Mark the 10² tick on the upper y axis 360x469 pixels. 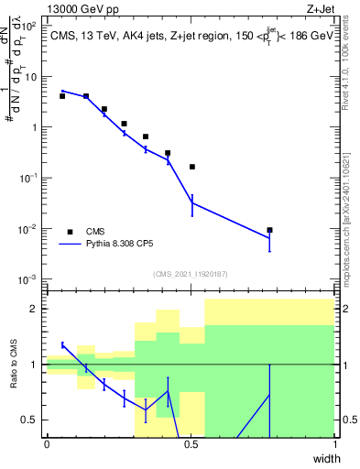click(x=30, y=27)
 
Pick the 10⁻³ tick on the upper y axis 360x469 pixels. click(x=29, y=278)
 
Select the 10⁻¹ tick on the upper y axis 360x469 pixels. click(x=29, y=178)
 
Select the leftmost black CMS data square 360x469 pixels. click(x=62, y=96)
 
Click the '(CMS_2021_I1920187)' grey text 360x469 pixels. click(x=190, y=274)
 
